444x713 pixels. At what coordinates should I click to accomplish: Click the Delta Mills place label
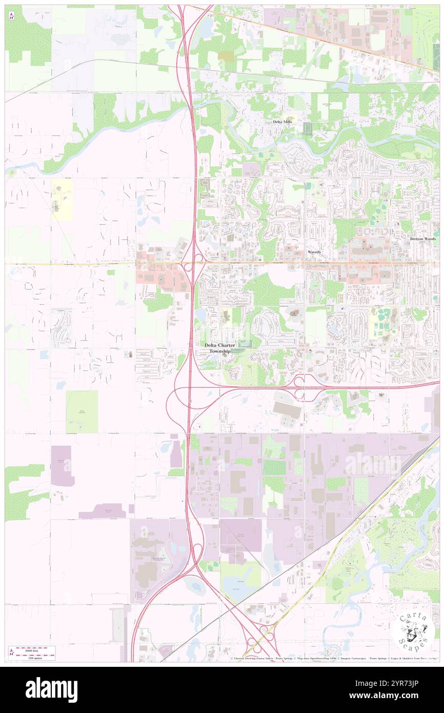(282, 122)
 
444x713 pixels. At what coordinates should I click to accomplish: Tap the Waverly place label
(314, 252)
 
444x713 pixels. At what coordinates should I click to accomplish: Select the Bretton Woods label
(423, 239)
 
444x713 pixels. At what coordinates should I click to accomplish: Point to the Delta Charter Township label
(220, 348)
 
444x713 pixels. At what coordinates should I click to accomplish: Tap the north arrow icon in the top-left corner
(12, 15)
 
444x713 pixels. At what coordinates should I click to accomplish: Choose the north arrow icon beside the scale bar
(12, 652)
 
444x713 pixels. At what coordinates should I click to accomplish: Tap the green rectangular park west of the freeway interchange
(82, 411)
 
